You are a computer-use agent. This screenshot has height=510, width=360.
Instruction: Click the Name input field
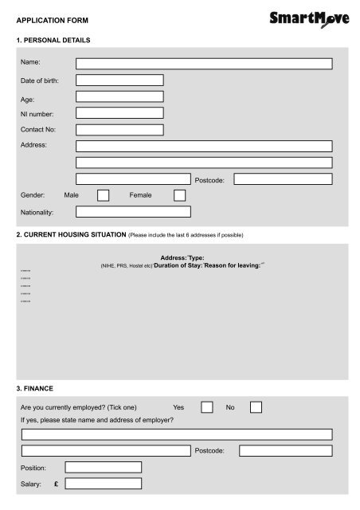203,64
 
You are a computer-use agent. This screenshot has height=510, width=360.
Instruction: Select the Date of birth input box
119,80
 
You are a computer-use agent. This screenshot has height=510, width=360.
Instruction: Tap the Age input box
119,97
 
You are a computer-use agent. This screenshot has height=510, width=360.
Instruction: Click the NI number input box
119,113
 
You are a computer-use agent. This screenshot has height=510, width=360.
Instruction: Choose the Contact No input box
119,129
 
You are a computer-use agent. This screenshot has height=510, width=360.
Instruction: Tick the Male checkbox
103,195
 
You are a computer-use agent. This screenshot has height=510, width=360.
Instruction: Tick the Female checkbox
179,195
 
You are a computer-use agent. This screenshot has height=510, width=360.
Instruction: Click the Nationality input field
133,212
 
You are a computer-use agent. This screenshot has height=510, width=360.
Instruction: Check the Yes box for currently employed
206,407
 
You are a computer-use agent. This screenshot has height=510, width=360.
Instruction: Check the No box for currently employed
256,407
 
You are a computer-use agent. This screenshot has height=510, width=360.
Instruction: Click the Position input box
104,467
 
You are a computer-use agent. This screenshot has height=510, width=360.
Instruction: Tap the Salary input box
104,484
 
